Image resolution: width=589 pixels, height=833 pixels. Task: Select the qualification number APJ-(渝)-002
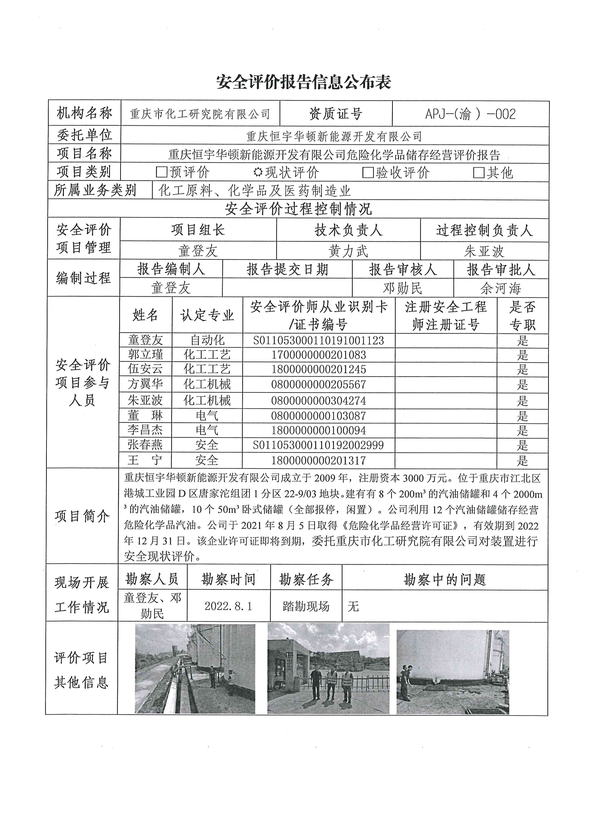(470, 114)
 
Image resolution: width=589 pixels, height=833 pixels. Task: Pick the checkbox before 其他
(479, 172)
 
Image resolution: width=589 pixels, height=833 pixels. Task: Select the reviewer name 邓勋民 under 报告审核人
(403, 288)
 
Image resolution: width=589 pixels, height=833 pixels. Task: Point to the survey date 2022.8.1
(228, 606)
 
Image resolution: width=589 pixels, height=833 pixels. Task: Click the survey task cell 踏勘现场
(306, 606)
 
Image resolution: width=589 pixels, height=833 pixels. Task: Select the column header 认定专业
(207, 315)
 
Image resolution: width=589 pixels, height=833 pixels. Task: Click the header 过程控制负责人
(484, 230)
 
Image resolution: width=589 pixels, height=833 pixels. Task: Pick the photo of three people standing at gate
(328, 668)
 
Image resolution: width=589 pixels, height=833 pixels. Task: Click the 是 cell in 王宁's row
(522, 460)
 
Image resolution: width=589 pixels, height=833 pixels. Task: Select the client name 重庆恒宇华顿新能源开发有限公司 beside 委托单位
(334, 136)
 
